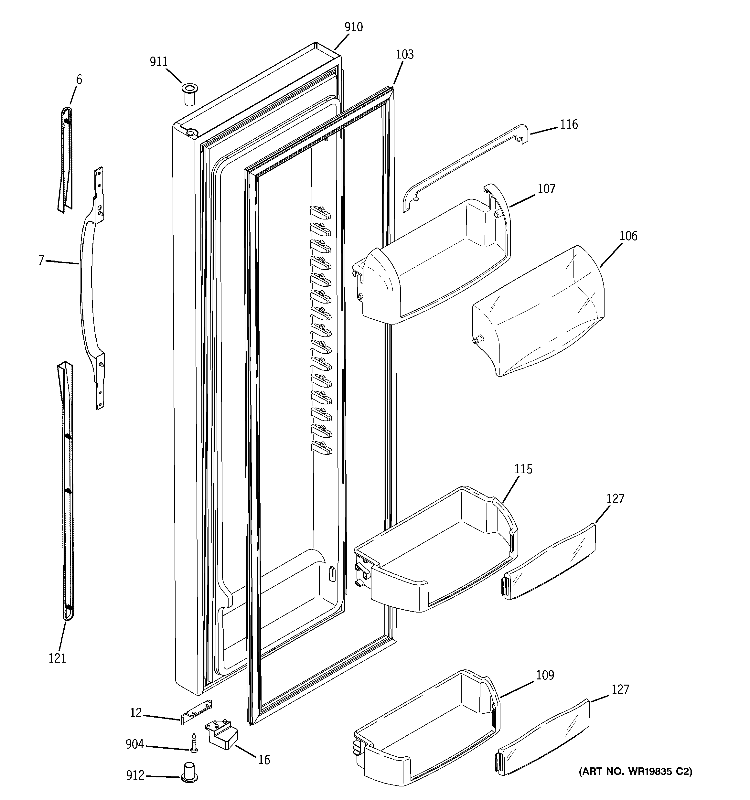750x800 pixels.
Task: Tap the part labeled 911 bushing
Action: pos(190,94)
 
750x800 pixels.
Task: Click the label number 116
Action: pos(568,124)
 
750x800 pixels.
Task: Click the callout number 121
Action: pos(57,658)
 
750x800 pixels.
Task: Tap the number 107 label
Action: pos(546,189)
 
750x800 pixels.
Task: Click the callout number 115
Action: pos(523,469)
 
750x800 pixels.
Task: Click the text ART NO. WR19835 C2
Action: pos(635,772)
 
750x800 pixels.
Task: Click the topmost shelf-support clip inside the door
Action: pos(320,212)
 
